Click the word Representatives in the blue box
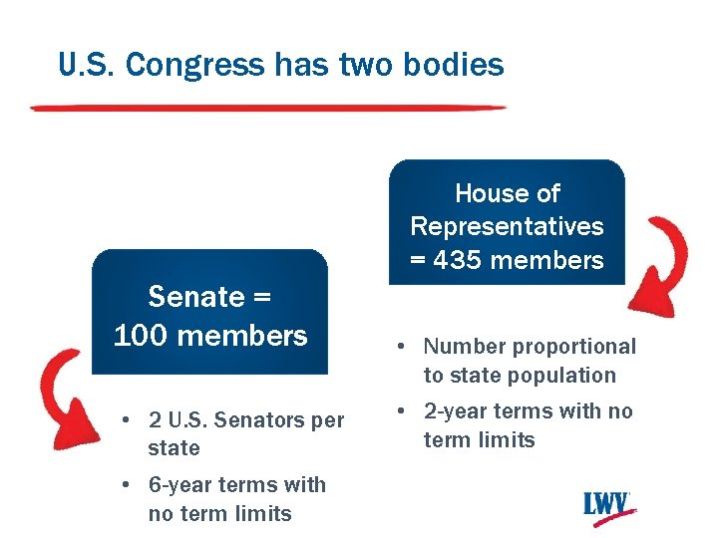coord(507,226)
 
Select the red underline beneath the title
coord(269,108)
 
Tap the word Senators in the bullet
coord(259,419)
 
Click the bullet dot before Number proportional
coord(397,348)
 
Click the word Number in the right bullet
coord(460,347)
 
